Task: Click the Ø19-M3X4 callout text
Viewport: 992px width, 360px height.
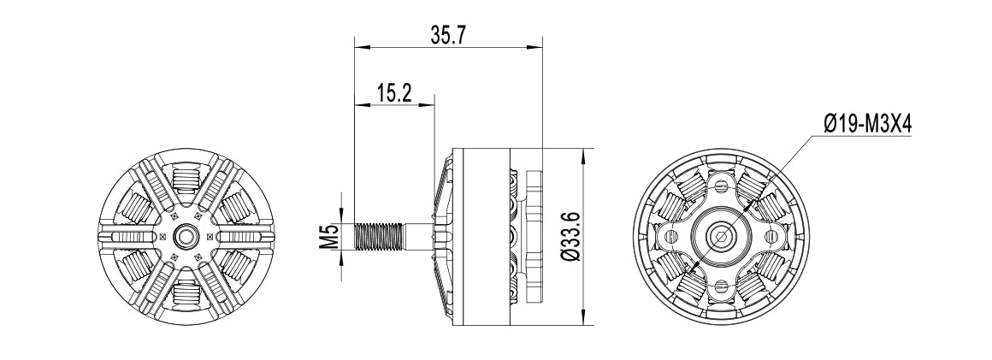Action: coord(868,124)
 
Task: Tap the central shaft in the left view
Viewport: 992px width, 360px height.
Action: coord(186,236)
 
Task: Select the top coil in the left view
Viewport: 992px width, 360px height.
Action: coord(186,181)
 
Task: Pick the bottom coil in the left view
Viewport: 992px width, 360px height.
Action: coord(186,292)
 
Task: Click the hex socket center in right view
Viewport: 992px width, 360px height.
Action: coord(720,234)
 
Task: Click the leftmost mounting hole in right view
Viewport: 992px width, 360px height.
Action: coord(670,235)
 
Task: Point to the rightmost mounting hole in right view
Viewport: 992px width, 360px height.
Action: coord(771,235)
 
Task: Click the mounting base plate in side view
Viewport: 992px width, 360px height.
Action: coord(534,236)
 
